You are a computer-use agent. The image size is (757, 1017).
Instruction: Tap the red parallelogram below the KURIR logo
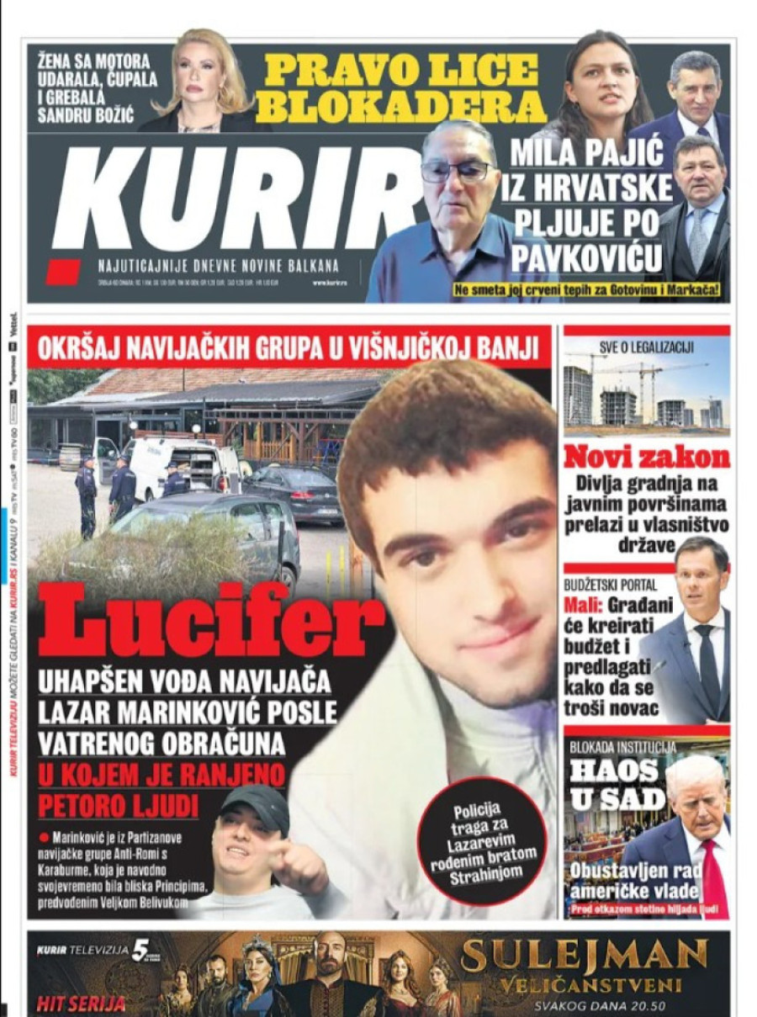pos(63,271)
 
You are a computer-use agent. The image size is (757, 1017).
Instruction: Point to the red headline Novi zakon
pos(646,457)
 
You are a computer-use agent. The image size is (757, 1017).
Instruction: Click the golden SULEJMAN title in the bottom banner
pos(585,956)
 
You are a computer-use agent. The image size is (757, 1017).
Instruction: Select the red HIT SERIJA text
pos(81,1004)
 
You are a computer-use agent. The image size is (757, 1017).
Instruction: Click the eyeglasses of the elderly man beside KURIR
pos(457,172)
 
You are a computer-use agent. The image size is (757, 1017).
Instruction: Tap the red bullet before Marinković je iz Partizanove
pos(43,838)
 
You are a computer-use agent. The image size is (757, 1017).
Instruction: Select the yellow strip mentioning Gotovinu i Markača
pos(590,291)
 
